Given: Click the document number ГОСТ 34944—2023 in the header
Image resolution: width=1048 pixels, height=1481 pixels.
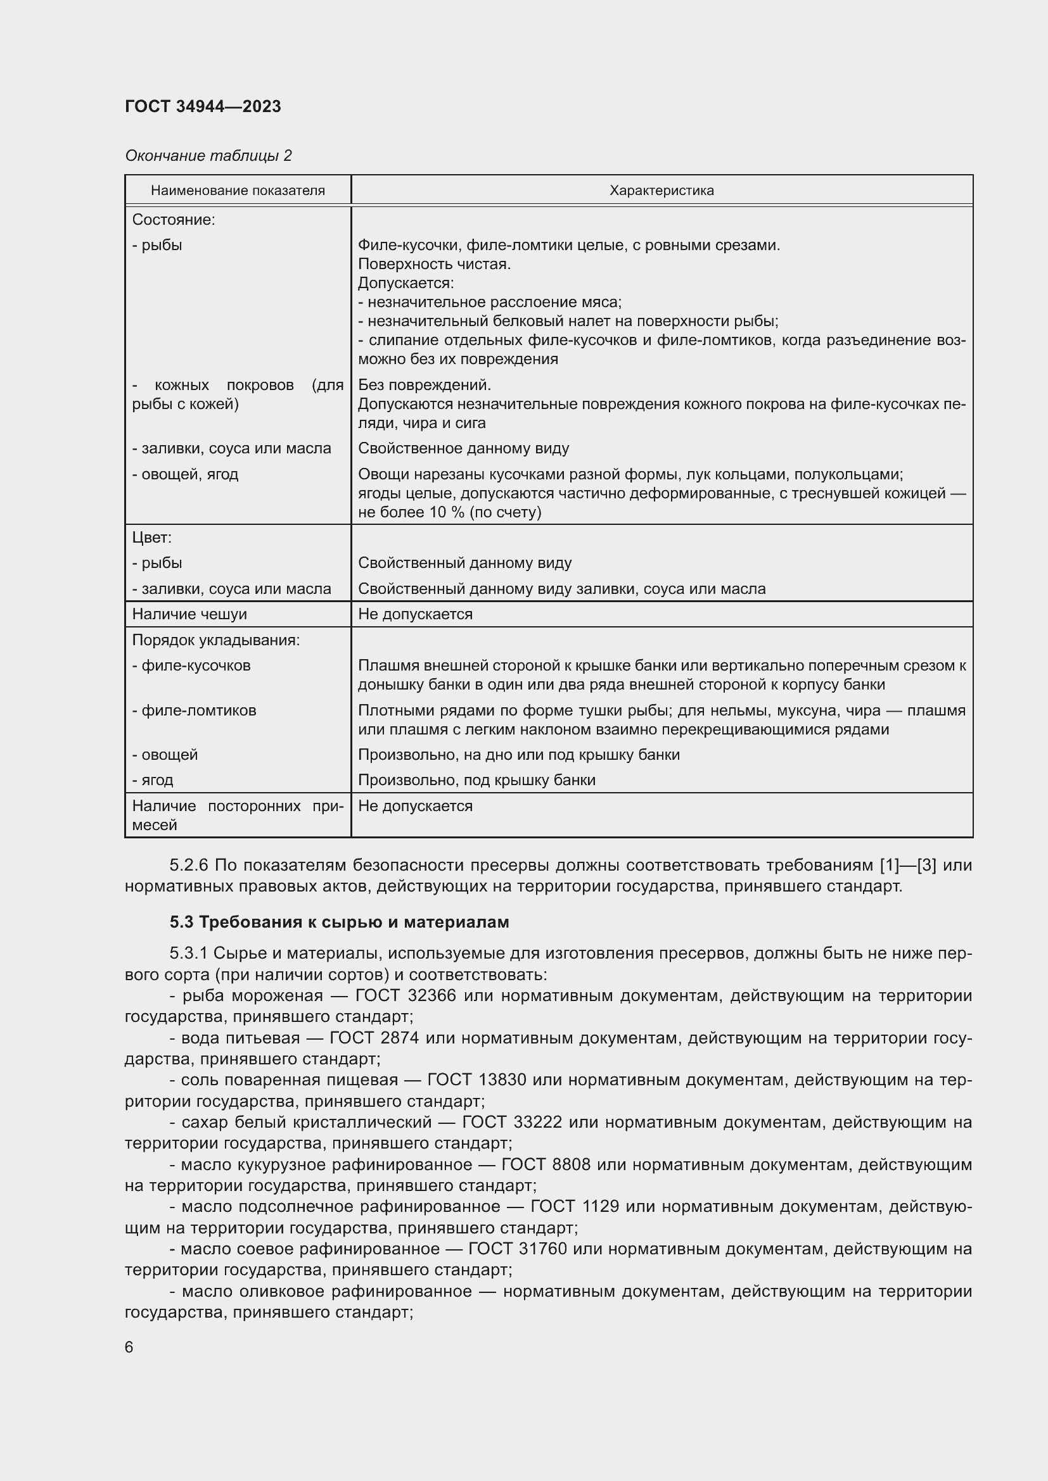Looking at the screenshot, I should pos(203,106).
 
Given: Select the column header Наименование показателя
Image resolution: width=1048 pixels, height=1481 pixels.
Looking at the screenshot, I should pos(238,191).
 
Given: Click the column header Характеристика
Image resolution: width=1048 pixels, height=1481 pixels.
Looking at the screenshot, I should pos(661,191).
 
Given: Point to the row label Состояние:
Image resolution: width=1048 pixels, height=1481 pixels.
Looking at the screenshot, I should pos(174,219).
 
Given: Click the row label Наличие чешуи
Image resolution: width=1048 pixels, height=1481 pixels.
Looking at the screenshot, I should pos(189,614).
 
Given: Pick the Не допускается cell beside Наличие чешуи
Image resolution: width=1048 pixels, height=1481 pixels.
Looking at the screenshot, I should pos(415,614).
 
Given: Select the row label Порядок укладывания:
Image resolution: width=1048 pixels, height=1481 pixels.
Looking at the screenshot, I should pos(216,640).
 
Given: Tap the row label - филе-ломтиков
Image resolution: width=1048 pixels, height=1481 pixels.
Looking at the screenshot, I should pos(194,710).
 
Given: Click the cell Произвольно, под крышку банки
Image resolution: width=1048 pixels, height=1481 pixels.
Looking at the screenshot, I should pos(476,780).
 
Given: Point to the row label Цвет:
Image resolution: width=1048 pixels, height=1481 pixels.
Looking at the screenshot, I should pos(151,538).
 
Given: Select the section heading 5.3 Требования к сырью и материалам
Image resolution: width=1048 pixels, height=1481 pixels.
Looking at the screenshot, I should pos(340,922).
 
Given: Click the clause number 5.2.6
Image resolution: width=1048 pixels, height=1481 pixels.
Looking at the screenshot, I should pos(188,865).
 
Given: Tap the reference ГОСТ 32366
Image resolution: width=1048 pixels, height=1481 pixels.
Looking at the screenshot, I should pos(406,996).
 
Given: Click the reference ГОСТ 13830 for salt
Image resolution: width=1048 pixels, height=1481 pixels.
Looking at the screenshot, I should pos(476,1080).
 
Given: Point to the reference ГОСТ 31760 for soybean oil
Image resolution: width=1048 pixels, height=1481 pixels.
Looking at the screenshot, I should pos(517,1249).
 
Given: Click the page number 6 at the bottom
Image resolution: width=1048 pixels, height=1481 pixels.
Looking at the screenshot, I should pos(129,1347).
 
